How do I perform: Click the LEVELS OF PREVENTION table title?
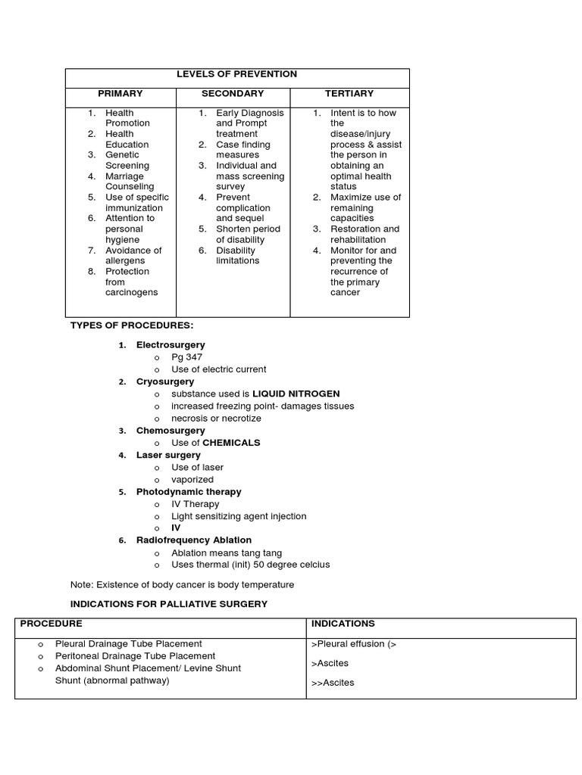click(236, 74)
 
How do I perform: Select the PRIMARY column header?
click(120, 94)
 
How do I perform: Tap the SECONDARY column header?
click(233, 94)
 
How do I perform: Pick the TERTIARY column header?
click(349, 94)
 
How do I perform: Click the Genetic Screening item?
click(127, 160)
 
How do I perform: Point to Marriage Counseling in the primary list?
click(129, 181)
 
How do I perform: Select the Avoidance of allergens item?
click(133, 255)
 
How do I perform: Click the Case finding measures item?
click(242, 149)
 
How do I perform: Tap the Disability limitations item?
click(237, 255)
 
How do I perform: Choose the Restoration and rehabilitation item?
click(365, 234)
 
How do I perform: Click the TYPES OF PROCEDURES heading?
click(132, 325)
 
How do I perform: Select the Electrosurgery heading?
click(171, 345)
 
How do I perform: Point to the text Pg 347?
click(186, 357)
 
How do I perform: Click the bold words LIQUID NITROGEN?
click(296, 394)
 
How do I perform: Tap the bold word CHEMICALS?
click(231, 443)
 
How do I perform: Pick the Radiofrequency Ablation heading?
click(193, 540)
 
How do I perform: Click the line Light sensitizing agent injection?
click(239, 516)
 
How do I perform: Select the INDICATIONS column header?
click(343, 624)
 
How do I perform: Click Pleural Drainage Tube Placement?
click(129, 643)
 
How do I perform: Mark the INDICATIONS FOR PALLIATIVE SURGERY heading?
click(168, 604)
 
